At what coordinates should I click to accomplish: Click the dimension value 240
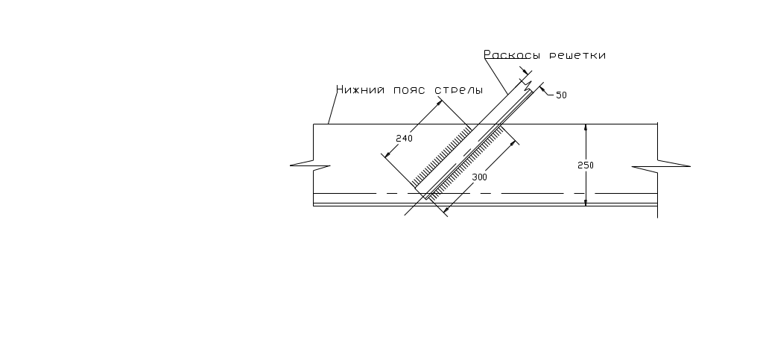click(x=404, y=139)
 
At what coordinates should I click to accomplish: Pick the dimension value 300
click(x=480, y=177)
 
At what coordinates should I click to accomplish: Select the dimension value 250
click(x=586, y=165)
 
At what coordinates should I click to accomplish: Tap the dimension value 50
click(x=561, y=95)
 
